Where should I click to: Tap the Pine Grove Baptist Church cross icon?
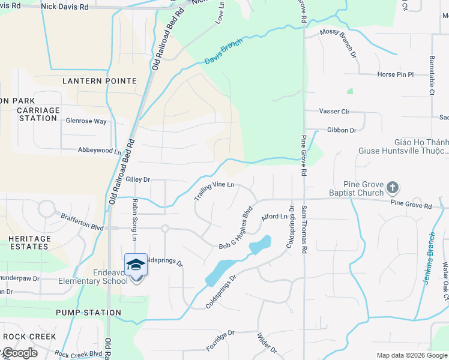[392, 188]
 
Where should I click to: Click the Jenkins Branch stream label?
[429, 258]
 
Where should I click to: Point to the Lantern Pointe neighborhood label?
[100, 80]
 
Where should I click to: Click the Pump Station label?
[88, 313]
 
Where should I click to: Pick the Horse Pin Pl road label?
[379, 74]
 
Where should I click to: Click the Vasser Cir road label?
[334, 112]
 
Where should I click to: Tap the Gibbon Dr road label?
[342, 130]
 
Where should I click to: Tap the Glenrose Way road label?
[86, 121]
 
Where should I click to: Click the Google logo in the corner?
[19, 353]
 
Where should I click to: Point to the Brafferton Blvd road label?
[82, 223]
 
